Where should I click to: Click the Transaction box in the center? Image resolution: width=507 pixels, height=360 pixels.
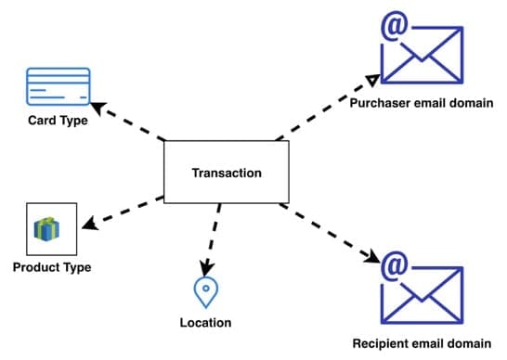[x=226, y=173]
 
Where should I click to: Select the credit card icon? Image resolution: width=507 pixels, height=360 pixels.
[x=58, y=88]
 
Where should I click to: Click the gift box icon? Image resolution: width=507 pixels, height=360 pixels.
[x=46, y=229]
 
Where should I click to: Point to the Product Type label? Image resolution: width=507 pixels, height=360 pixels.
[x=52, y=268]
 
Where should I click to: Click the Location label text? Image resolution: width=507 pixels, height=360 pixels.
[x=205, y=323]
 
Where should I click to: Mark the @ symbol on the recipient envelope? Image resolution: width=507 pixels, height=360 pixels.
[x=394, y=266]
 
